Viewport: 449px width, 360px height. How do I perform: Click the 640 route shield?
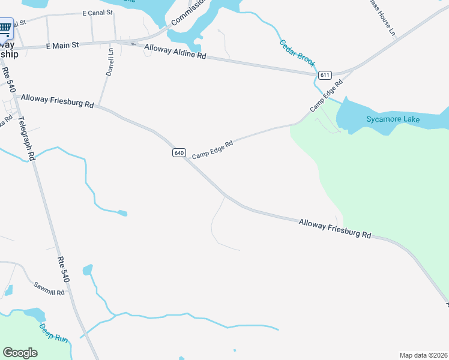coord(179,153)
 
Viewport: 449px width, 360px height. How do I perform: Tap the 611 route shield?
coord(325,75)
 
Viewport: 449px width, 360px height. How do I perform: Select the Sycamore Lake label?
coord(393,119)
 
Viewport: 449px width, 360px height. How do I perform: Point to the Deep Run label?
coord(53,333)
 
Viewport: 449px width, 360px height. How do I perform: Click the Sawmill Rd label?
coord(49,288)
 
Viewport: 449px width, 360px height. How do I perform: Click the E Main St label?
coord(62,44)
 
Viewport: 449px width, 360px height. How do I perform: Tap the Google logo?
coord(20,352)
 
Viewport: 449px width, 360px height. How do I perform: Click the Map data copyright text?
coord(423,355)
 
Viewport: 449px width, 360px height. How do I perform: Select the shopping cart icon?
coord(5,27)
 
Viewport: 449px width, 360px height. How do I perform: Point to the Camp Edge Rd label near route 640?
coord(212,150)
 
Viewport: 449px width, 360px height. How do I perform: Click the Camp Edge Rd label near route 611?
coord(326,95)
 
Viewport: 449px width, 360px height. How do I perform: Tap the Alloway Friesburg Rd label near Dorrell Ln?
coord(57,101)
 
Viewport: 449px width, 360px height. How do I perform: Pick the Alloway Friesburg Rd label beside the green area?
coord(335,228)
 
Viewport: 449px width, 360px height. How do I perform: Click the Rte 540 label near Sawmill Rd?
coord(64,270)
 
